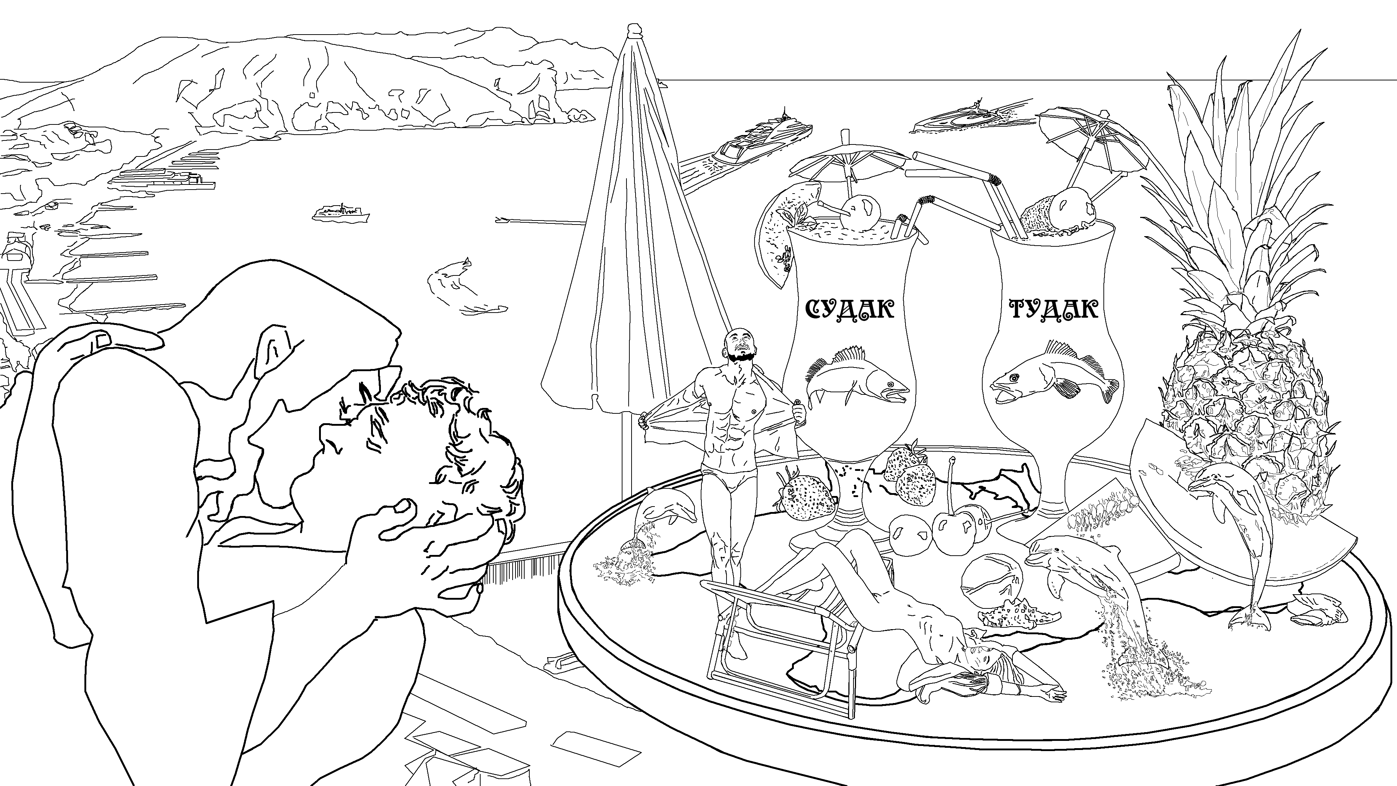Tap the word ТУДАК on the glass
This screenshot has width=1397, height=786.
[x=1053, y=310]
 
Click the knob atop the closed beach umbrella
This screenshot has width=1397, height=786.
[x=633, y=31]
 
